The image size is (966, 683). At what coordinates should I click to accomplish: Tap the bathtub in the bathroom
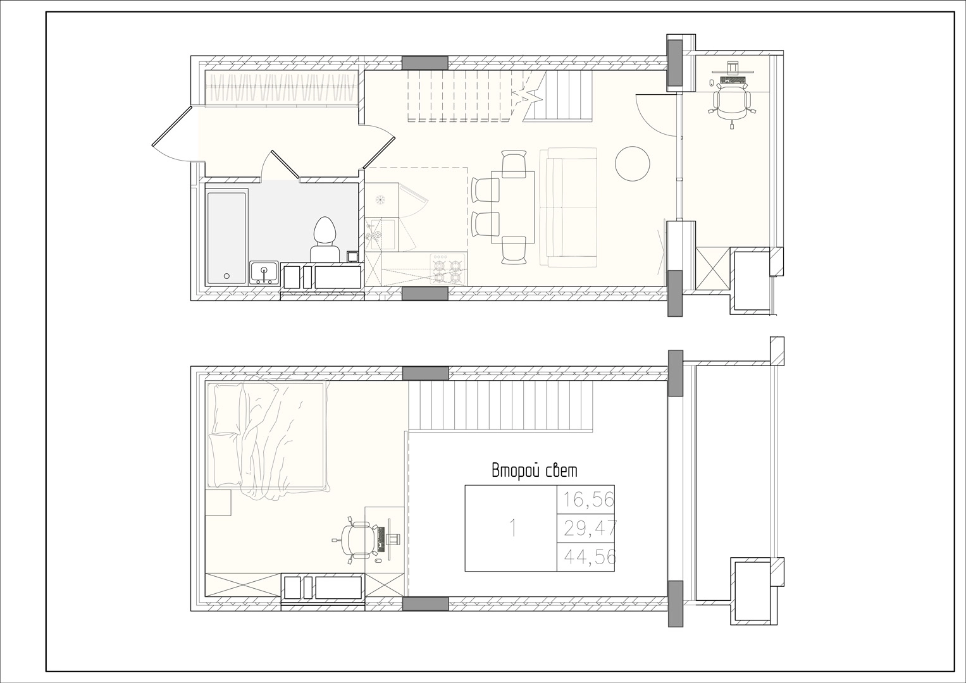point(227,238)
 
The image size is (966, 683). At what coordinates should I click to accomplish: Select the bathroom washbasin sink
point(264,273)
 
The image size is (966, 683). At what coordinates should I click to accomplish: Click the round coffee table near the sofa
point(632,164)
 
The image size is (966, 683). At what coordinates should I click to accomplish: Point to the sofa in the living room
point(568,207)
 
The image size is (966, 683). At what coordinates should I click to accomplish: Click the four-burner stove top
point(448,269)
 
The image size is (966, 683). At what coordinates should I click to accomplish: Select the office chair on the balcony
point(731,106)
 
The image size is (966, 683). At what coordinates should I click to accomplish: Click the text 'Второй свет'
point(535,471)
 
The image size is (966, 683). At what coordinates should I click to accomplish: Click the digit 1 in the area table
point(513,528)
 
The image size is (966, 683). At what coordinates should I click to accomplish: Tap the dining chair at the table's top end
point(514,163)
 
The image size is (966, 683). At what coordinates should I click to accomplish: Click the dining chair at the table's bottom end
point(514,250)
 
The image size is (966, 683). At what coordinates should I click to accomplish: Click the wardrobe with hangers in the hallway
point(282,89)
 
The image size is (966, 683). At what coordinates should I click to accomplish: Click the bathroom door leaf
point(285,164)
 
